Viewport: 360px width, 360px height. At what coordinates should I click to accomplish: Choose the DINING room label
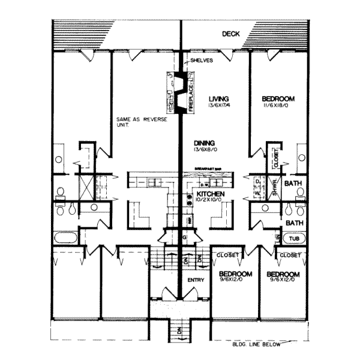[206, 142]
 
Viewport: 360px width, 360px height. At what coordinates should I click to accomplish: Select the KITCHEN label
[211, 195]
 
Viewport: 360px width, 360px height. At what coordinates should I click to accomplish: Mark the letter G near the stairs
[185, 238]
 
